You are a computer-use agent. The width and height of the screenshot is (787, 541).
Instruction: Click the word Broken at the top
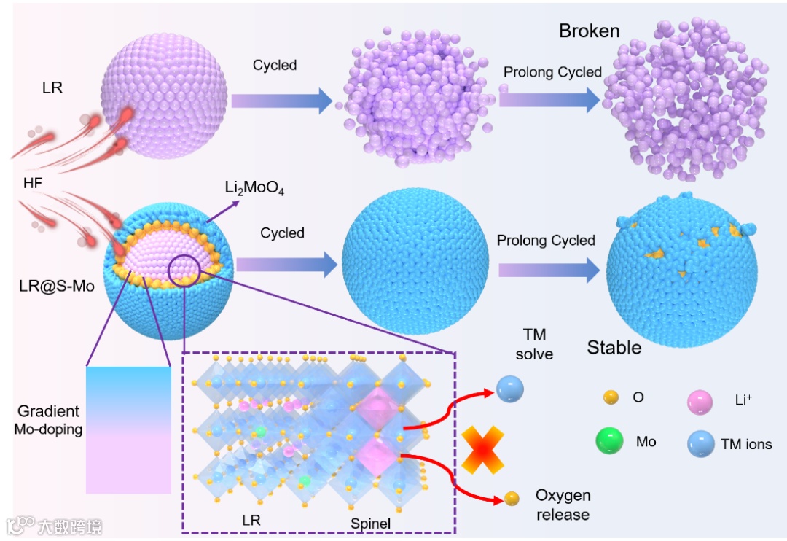[589, 31]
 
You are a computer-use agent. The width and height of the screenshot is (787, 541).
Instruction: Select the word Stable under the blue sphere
[614, 347]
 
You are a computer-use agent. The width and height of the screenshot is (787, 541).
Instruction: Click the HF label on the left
[32, 184]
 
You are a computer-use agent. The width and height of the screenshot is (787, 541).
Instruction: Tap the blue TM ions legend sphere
[700, 443]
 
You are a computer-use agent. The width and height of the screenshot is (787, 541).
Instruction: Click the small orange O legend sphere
[612, 397]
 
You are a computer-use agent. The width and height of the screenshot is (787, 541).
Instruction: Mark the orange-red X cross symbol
[482, 447]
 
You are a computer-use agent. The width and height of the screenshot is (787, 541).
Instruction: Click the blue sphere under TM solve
[509, 391]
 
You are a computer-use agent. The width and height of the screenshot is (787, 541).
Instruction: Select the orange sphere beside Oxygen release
[512, 499]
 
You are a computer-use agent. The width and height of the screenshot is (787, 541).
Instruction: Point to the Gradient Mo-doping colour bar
[128, 430]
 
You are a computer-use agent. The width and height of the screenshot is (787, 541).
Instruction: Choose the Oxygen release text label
[563, 505]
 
